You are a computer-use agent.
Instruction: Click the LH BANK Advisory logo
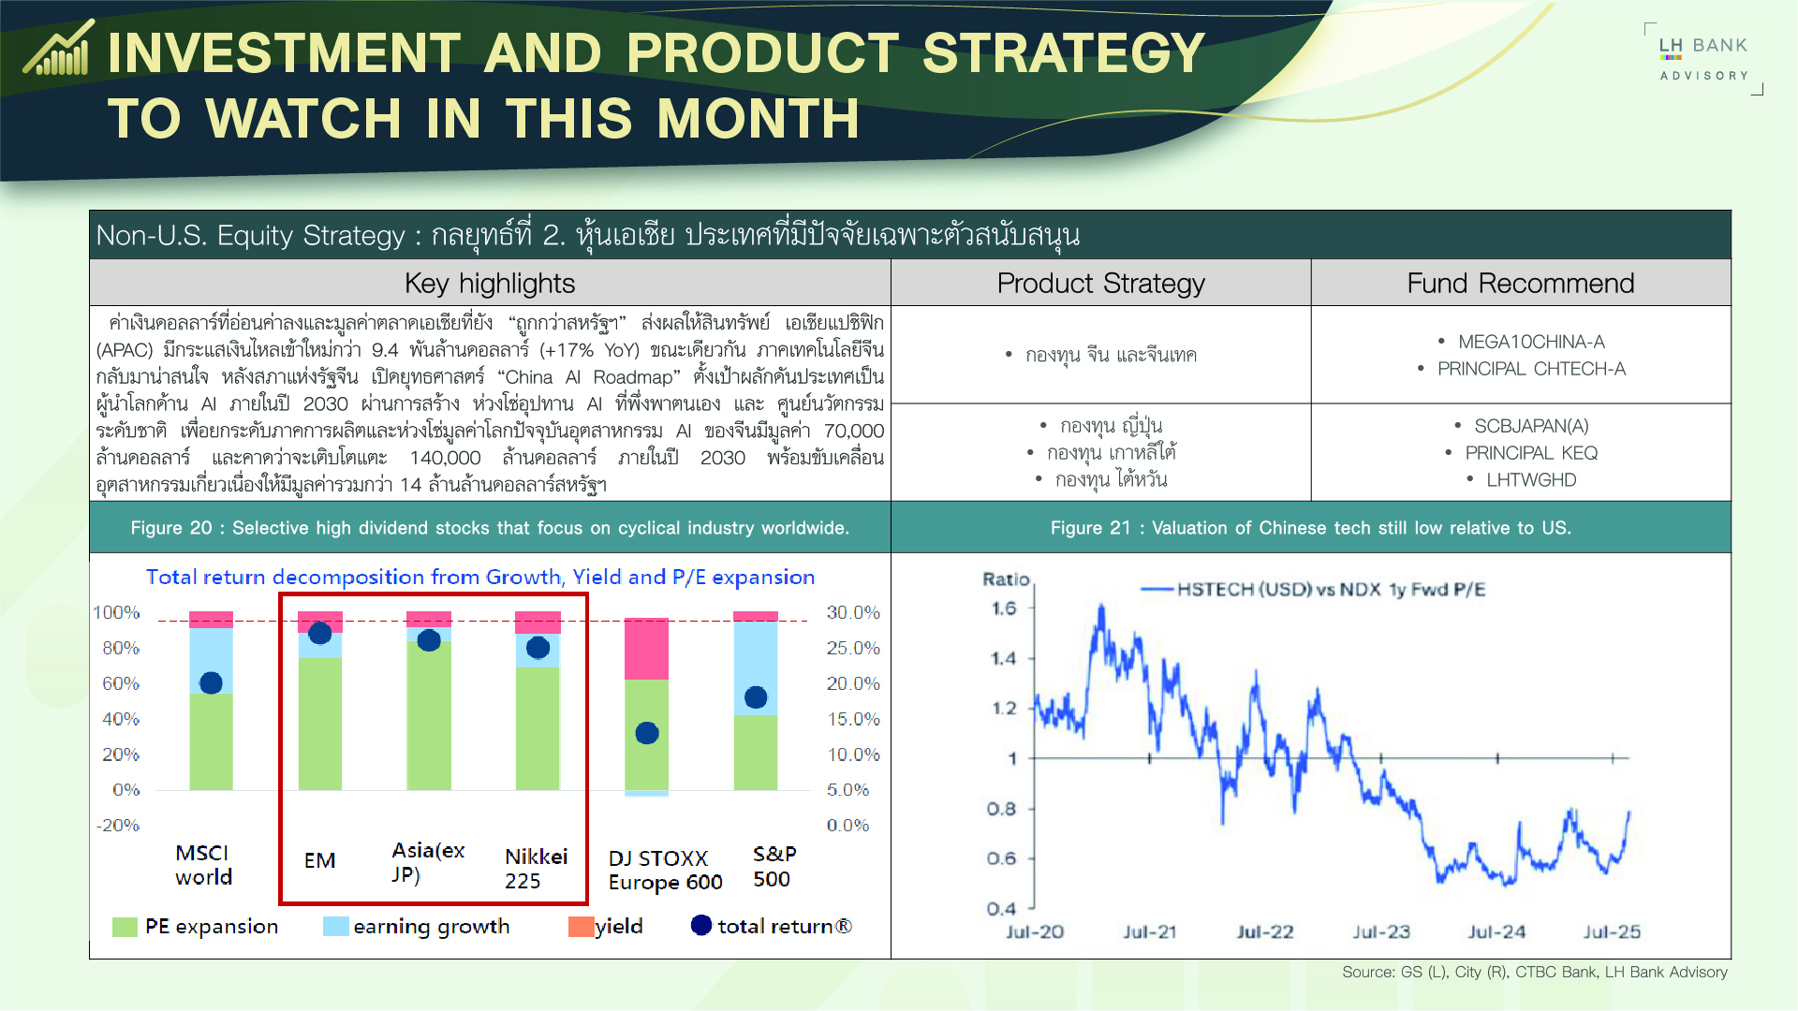tap(1703, 59)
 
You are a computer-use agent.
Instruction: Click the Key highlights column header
tap(490, 283)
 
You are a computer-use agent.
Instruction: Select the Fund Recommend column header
tap(1521, 283)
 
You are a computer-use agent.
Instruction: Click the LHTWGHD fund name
tap(1531, 479)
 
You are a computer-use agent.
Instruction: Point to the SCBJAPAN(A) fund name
tap(1531, 426)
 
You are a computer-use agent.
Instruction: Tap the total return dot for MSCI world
tap(212, 683)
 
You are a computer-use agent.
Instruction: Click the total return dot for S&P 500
tap(756, 697)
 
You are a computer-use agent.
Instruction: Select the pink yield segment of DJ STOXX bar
tap(646, 648)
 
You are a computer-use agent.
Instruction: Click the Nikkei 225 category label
tap(536, 869)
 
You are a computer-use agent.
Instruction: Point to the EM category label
tap(319, 860)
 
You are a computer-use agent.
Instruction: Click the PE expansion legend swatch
tap(125, 927)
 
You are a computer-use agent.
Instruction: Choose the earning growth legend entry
tap(417, 927)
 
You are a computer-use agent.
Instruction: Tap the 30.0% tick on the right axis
tap(853, 612)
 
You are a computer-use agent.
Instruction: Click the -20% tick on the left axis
tap(118, 826)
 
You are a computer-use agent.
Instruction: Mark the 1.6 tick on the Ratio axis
tap(1004, 608)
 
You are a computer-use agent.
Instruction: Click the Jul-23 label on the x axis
tap(1381, 931)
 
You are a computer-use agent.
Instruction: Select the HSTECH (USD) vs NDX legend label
tap(1331, 589)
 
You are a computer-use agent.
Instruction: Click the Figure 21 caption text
tap(1311, 528)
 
